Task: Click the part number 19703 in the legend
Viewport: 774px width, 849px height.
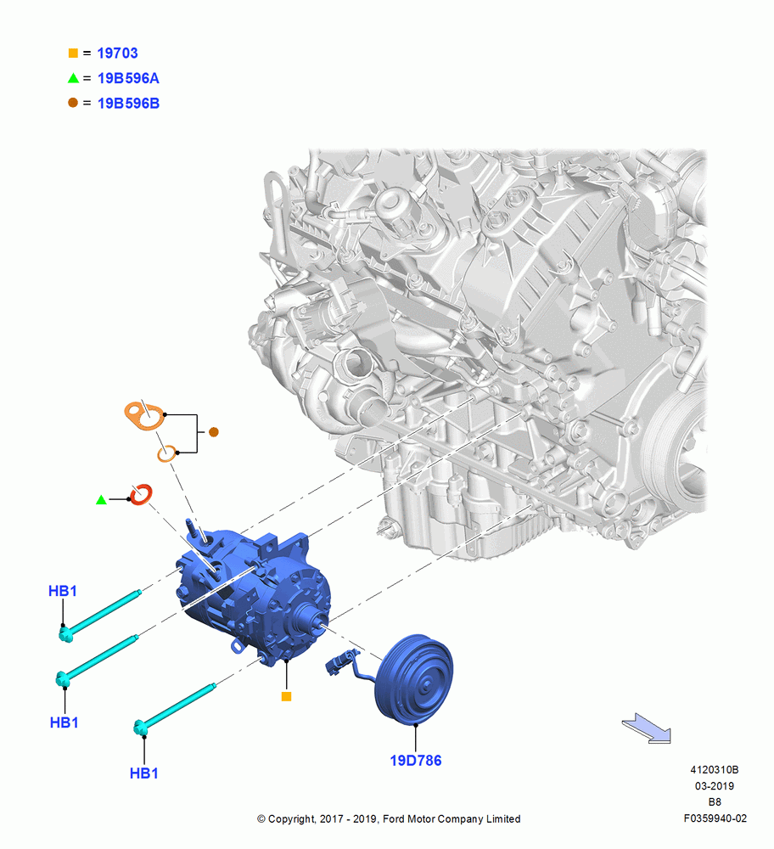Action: point(117,53)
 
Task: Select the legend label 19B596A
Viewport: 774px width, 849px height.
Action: point(128,78)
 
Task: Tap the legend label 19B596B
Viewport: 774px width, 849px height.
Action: point(128,104)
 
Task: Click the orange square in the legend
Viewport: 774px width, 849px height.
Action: point(73,53)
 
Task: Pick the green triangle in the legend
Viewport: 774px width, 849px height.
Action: point(73,78)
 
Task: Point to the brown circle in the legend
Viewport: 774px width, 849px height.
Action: point(73,103)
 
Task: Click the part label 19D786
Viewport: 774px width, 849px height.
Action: point(416,761)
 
